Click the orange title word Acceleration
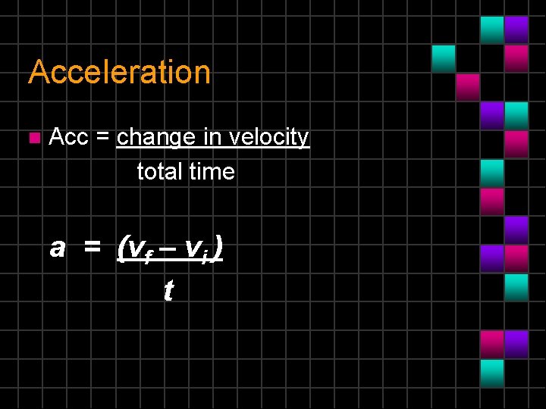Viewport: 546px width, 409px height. (119, 73)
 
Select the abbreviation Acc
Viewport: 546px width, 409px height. (68, 137)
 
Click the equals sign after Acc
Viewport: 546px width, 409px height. (104, 138)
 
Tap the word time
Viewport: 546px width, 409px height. (212, 172)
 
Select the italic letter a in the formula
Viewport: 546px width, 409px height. (57, 248)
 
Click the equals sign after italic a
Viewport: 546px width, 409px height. (92, 248)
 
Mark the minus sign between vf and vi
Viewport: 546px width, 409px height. (167, 248)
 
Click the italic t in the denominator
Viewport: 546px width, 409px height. (168, 289)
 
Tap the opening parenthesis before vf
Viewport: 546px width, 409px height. (122, 248)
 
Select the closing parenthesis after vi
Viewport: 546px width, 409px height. (217, 248)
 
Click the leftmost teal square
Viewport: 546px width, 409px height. (444, 58)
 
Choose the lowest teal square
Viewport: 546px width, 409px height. (492, 372)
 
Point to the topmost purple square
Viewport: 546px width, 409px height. (516, 30)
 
